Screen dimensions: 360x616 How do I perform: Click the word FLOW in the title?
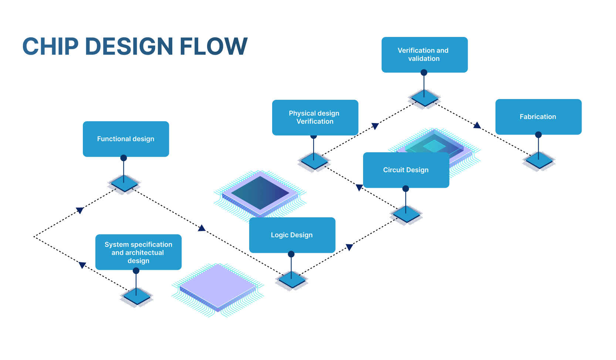tap(213, 47)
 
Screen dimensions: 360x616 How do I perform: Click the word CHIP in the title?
tap(51, 47)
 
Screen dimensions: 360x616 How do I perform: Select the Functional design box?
tap(126, 139)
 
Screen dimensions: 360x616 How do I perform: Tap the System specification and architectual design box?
tap(138, 252)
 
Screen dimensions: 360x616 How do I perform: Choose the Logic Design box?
tap(292, 235)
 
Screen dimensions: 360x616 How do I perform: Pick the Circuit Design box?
tap(406, 170)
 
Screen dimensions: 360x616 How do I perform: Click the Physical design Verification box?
tap(315, 118)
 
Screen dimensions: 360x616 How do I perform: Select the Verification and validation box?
tap(424, 55)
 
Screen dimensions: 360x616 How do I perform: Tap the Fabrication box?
tap(538, 117)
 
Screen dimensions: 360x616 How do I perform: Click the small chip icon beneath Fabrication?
tap(539, 161)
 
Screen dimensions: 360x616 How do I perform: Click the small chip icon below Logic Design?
tap(291, 281)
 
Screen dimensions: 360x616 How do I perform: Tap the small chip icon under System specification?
tap(136, 297)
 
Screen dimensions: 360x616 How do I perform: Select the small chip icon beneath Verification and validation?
tap(424, 98)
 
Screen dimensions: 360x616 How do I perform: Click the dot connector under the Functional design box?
tap(124, 158)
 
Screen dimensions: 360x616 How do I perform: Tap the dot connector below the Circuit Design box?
tap(406, 189)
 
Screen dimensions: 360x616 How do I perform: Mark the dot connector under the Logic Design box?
tap(291, 254)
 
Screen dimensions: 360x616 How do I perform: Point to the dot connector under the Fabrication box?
tap(538, 135)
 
